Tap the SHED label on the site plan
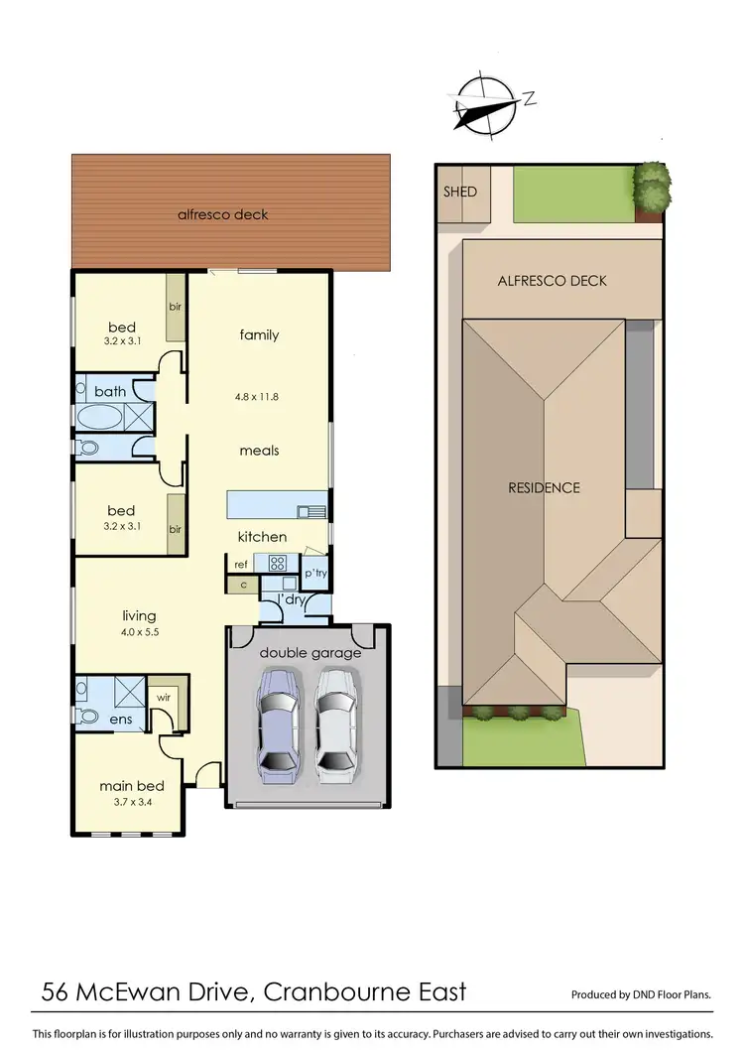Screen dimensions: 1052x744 pyautogui.click(x=460, y=192)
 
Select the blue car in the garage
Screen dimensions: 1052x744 pyautogui.click(x=279, y=721)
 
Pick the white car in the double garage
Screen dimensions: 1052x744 pyautogui.click(x=336, y=721)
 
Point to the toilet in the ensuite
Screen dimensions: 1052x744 pyautogui.click(x=87, y=716)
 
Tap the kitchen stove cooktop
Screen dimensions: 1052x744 pyautogui.click(x=277, y=563)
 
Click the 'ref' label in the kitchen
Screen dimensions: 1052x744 pyautogui.click(x=241, y=564)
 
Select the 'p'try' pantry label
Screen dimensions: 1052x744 pyautogui.click(x=315, y=574)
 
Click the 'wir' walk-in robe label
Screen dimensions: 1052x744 pyautogui.click(x=162, y=698)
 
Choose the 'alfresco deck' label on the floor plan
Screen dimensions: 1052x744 pyautogui.click(x=222, y=214)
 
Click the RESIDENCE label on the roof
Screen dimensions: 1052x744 pyautogui.click(x=544, y=487)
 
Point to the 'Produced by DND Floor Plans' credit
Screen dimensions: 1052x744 pyautogui.click(x=642, y=994)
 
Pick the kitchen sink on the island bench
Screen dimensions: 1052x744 pyautogui.click(x=310, y=512)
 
